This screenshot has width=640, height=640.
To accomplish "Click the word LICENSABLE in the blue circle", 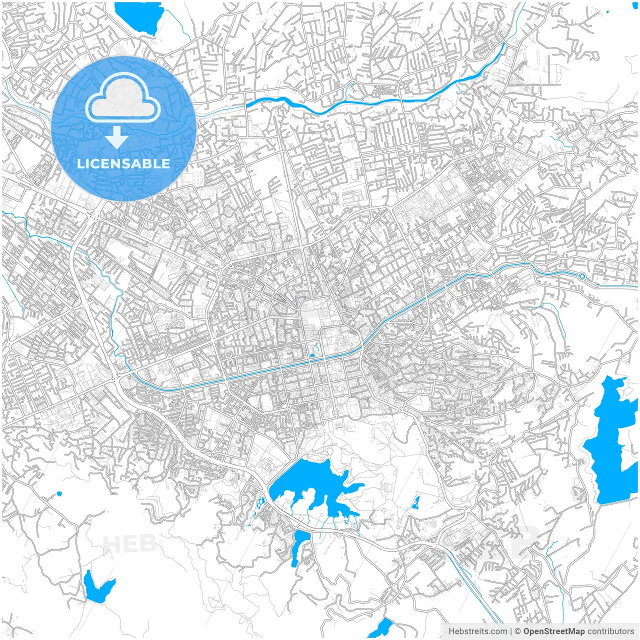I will (123, 163).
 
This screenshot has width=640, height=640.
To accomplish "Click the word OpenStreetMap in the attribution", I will (553, 631).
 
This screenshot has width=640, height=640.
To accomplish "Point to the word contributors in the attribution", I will (610, 631).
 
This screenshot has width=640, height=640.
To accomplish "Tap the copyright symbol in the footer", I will (518, 631).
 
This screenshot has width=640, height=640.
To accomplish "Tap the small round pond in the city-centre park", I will (312, 355).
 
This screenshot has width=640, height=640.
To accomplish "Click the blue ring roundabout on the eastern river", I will (581, 276).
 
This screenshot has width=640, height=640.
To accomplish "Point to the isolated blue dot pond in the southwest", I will (59, 493).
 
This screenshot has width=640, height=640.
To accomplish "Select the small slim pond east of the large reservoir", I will (415, 502).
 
